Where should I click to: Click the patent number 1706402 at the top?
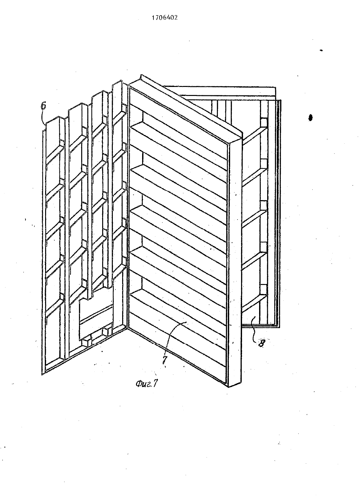coord(165,18)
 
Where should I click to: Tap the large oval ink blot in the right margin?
coord(310,118)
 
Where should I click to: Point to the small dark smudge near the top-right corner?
coord(321,51)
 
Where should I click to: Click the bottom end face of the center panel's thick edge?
coord(235,384)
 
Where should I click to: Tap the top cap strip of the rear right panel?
coord(220,90)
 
